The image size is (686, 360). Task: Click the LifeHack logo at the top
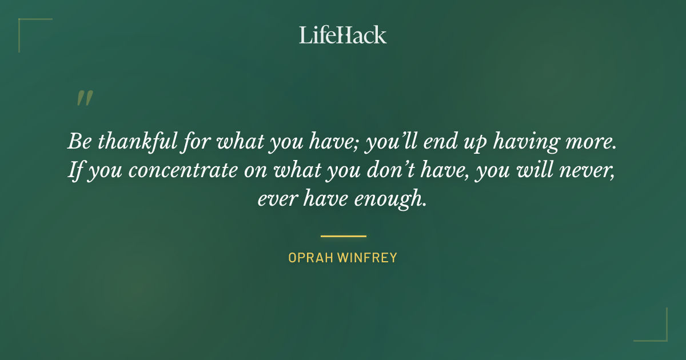[x=343, y=35]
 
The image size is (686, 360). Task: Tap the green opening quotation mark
[x=84, y=98]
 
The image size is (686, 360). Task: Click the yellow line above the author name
[x=343, y=235]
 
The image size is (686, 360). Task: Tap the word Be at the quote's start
[x=79, y=142]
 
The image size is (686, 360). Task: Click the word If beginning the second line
[x=75, y=170]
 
